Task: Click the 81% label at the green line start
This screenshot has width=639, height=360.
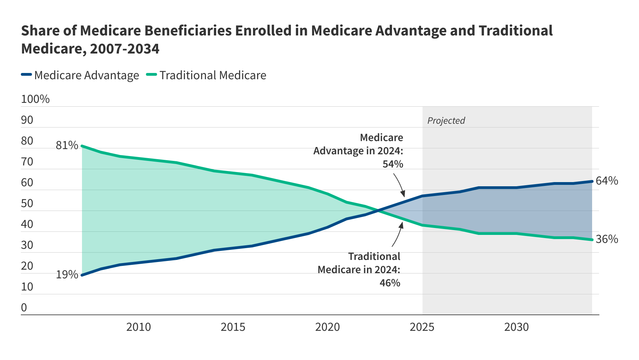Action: [x=67, y=145]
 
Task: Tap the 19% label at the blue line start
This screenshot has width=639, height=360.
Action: [x=67, y=275]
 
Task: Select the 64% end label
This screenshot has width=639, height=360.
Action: [x=607, y=181]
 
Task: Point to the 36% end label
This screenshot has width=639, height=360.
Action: [x=607, y=239]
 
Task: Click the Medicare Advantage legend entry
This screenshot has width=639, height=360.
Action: [x=80, y=75]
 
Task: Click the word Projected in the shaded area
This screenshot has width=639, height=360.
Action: [x=446, y=121]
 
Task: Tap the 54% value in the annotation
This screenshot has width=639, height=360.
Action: [x=393, y=164]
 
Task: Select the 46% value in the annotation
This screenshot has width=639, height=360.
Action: [x=390, y=283]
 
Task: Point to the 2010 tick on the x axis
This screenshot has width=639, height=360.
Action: [x=138, y=327]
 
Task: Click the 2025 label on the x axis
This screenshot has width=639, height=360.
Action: [x=422, y=327]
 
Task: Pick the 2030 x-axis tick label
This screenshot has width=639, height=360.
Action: [x=516, y=327]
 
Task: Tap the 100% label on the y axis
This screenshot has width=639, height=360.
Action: [x=35, y=99]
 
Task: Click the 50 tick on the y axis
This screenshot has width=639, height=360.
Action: [x=27, y=203]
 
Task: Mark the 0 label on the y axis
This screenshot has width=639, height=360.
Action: [x=24, y=308]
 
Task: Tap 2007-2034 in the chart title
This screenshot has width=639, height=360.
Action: [x=125, y=49]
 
